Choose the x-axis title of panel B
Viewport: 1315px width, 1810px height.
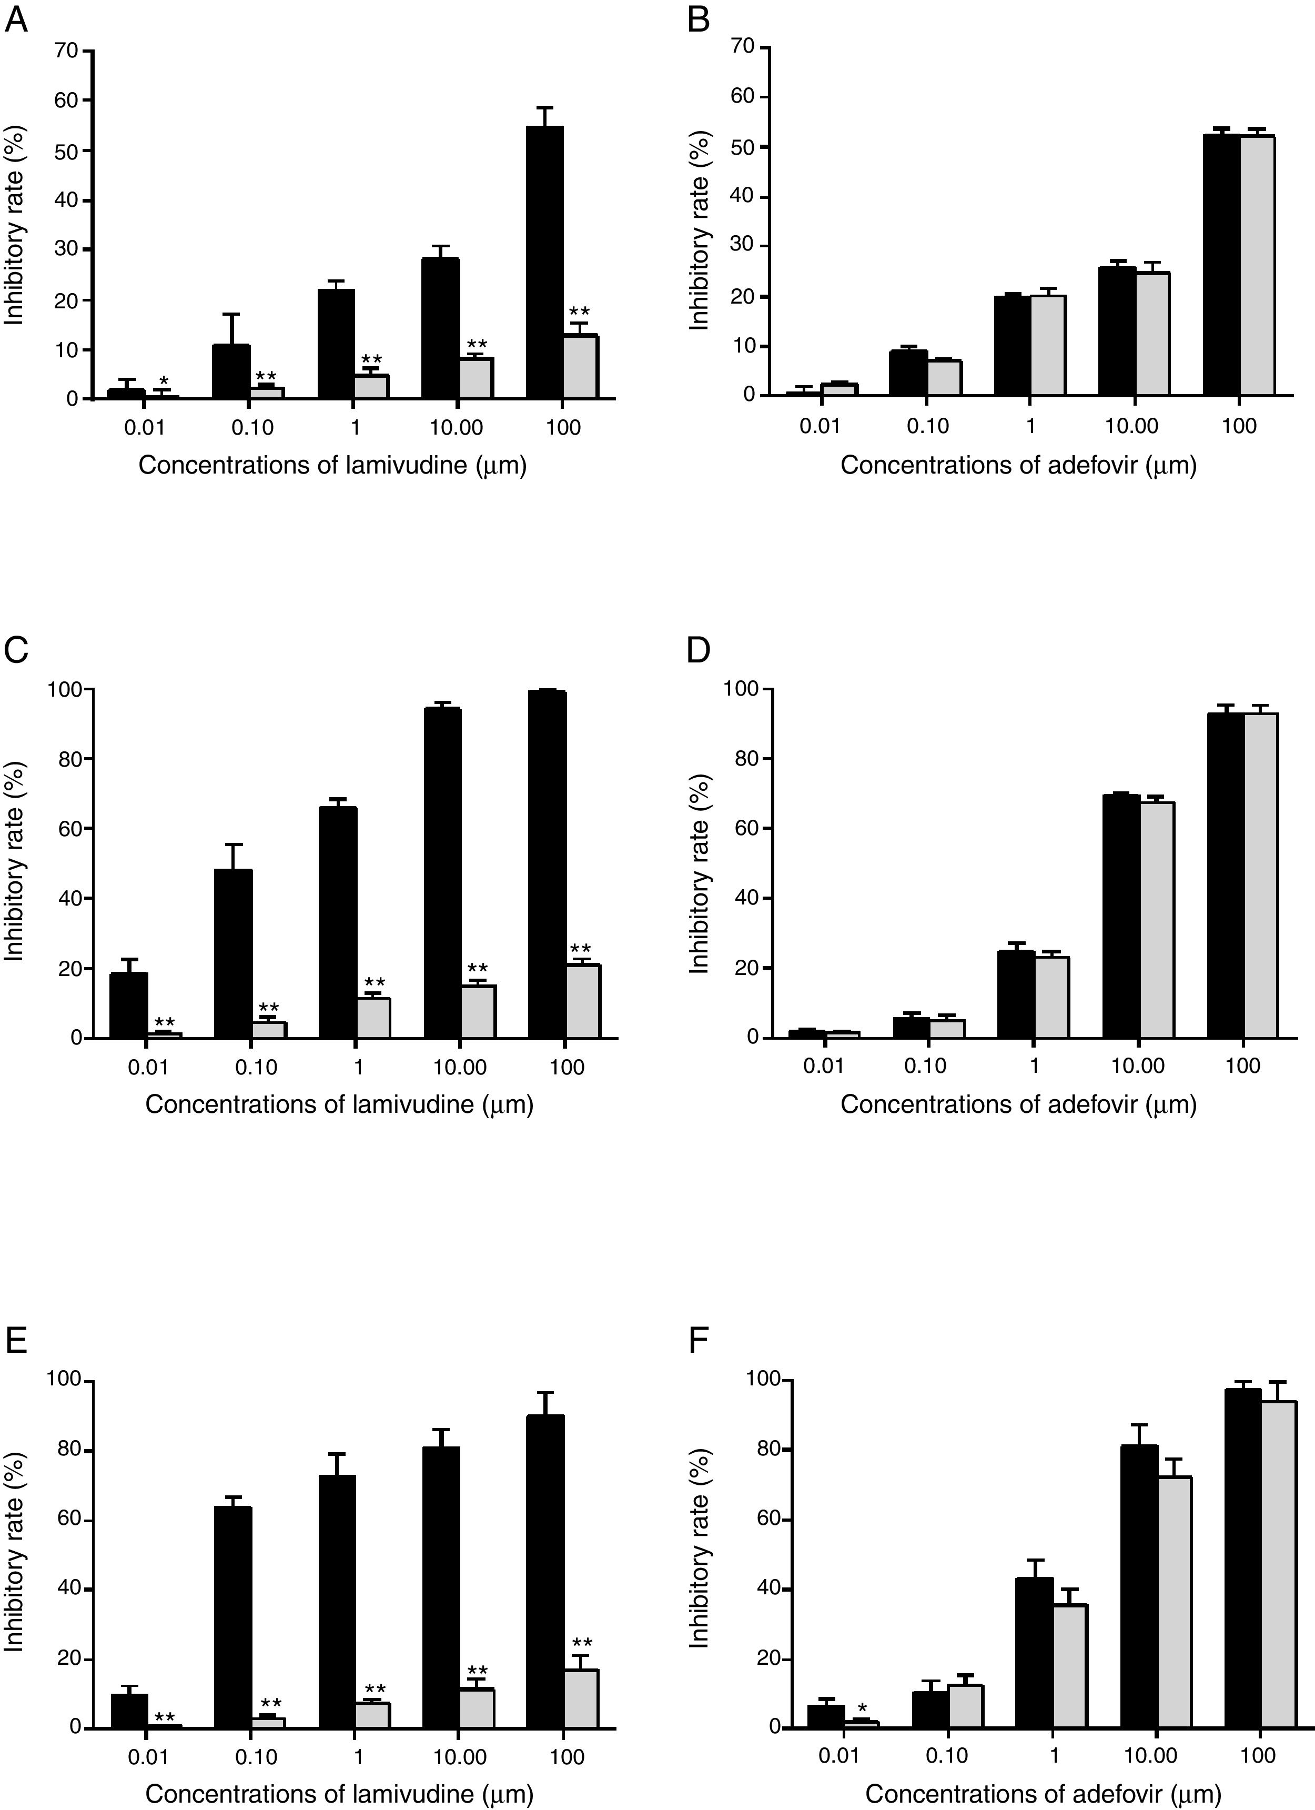coord(1018,465)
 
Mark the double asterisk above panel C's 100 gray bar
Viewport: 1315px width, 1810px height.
coord(581,949)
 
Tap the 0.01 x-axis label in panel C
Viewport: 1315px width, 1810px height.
coord(148,1067)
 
